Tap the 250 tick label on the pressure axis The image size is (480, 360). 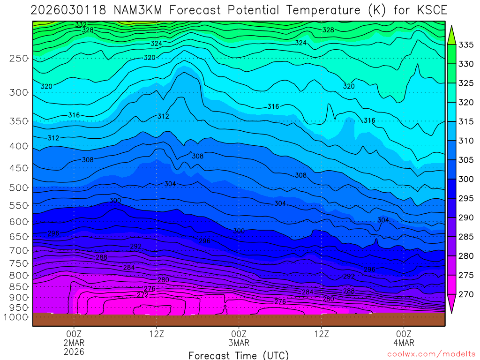click(x=19, y=59)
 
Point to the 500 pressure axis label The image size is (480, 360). click(x=19, y=187)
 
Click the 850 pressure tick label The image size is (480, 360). click(x=19, y=286)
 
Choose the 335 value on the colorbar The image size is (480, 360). click(x=466, y=45)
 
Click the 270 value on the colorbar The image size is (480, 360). click(x=466, y=295)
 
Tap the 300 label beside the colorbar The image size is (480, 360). click(x=466, y=180)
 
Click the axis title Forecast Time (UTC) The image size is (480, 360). click(x=239, y=355)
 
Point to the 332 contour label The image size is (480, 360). click(x=81, y=24)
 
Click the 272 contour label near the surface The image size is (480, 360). click(x=142, y=295)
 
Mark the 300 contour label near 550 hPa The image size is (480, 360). click(x=115, y=201)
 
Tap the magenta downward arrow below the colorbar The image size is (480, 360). click(x=451, y=305)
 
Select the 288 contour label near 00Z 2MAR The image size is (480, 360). click(x=101, y=257)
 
